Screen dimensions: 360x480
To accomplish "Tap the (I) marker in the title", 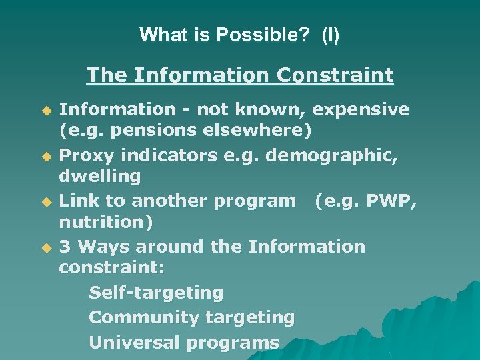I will [x=330, y=35].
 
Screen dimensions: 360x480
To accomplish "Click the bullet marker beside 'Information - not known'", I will [x=47, y=109].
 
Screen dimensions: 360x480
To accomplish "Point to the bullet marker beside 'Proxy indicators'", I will [x=47, y=155].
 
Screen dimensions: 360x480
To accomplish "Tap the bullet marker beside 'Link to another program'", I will [x=47, y=201].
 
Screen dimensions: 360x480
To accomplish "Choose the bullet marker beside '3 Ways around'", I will [x=47, y=247].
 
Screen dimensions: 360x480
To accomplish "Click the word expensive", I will [x=361, y=109].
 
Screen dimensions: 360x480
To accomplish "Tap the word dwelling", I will [x=100, y=177].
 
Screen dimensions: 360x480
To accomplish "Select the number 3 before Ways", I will [x=65, y=247].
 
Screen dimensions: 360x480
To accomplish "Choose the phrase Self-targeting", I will [x=156, y=293].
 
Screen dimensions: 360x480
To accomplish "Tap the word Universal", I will [x=135, y=343].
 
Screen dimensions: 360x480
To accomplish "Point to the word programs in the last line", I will [x=233, y=343].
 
